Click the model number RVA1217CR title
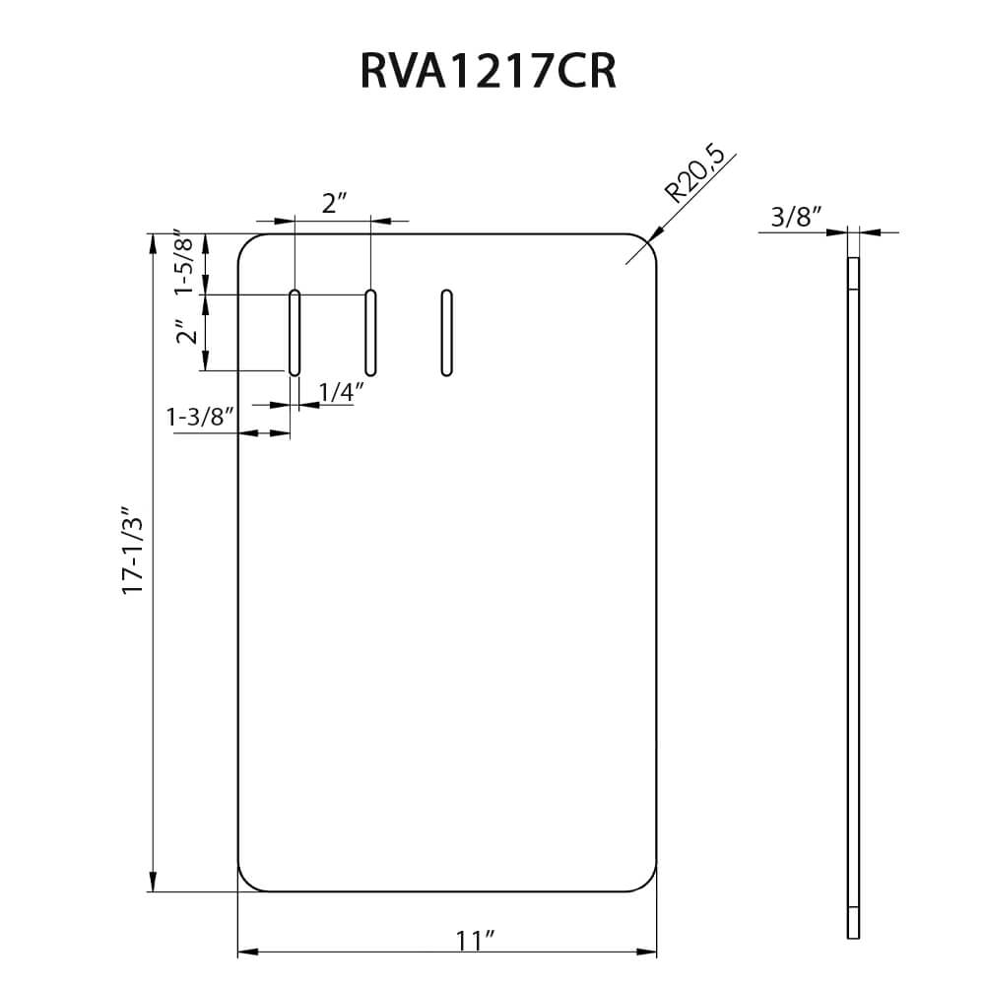488,71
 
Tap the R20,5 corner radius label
695,173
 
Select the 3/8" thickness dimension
796,218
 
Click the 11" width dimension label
475,940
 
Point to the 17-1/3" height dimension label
133,551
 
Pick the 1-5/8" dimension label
184,264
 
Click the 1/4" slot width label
342,392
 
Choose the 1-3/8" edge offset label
201,418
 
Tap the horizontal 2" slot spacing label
335,205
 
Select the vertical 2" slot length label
184,334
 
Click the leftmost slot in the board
295,333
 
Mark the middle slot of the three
371,333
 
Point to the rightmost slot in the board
447,333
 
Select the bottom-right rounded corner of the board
648,883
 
